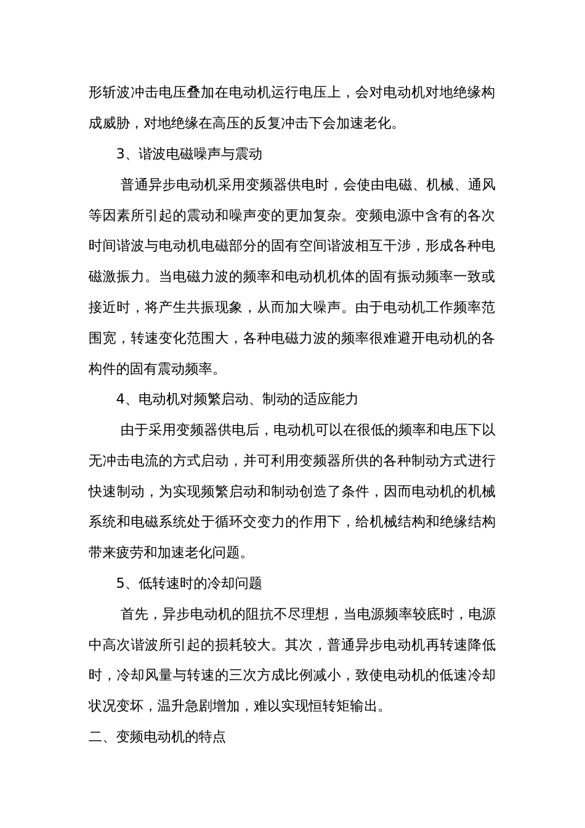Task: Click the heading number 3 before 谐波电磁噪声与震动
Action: [x=121, y=154]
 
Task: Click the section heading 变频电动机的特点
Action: [x=171, y=737]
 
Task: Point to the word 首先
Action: [x=134, y=614]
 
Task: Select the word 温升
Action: [x=171, y=706]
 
